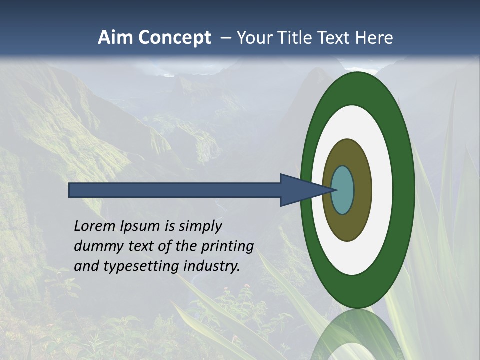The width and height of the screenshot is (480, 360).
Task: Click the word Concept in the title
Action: click(175, 38)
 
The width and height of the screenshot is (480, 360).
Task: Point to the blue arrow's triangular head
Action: click(300, 190)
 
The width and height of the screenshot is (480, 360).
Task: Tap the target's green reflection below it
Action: click(357, 335)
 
